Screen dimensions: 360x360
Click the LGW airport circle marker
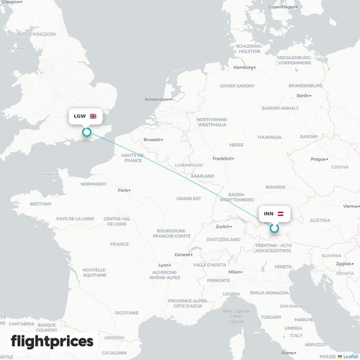pos(86,132)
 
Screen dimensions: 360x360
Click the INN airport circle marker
pos(274,229)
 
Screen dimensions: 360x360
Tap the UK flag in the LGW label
pos(94,116)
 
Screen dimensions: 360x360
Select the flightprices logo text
pos(52,341)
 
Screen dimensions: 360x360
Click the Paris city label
pos(124,190)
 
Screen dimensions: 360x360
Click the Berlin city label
pos(303,95)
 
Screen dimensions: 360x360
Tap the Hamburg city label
pos(243,68)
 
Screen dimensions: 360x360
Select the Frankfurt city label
pos(222,158)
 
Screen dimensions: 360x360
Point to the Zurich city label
pos(222,226)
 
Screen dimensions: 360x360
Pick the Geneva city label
pos(184,254)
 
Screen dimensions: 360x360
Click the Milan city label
pos(235,271)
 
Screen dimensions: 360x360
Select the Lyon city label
pos(163,265)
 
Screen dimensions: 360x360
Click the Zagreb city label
pos(343,264)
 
